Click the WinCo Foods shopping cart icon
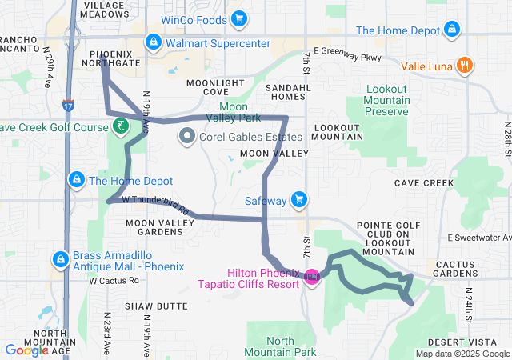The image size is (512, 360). [x=238, y=18]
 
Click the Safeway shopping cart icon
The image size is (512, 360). [x=299, y=198]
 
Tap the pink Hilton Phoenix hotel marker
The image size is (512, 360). [x=311, y=278]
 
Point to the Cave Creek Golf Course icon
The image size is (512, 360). [x=119, y=126]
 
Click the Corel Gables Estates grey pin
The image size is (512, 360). [x=187, y=136]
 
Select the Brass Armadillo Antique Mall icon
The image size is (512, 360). [x=60, y=259]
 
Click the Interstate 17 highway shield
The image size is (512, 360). [x=70, y=105]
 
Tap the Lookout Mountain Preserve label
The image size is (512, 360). [x=386, y=100]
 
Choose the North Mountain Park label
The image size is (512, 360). [x=280, y=346]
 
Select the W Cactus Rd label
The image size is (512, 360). [x=114, y=281]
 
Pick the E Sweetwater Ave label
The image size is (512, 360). [x=478, y=238]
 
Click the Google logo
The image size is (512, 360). [x=26, y=350]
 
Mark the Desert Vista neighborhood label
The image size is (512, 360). [x=473, y=342]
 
